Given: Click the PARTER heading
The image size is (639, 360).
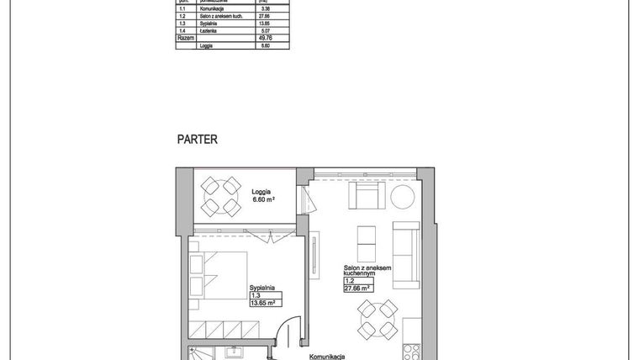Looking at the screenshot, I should click(x=197, y=140).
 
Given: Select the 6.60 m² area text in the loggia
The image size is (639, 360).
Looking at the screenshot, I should click(x=263, y=200).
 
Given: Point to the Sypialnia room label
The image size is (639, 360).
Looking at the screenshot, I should click(x=264, y=288).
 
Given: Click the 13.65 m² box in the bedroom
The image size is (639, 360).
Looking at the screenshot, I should click(x=265, y=303).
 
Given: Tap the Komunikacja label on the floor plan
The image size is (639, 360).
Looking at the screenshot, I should click(x=328, y=356).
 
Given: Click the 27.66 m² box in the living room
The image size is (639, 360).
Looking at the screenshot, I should click(x=358, y=288).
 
